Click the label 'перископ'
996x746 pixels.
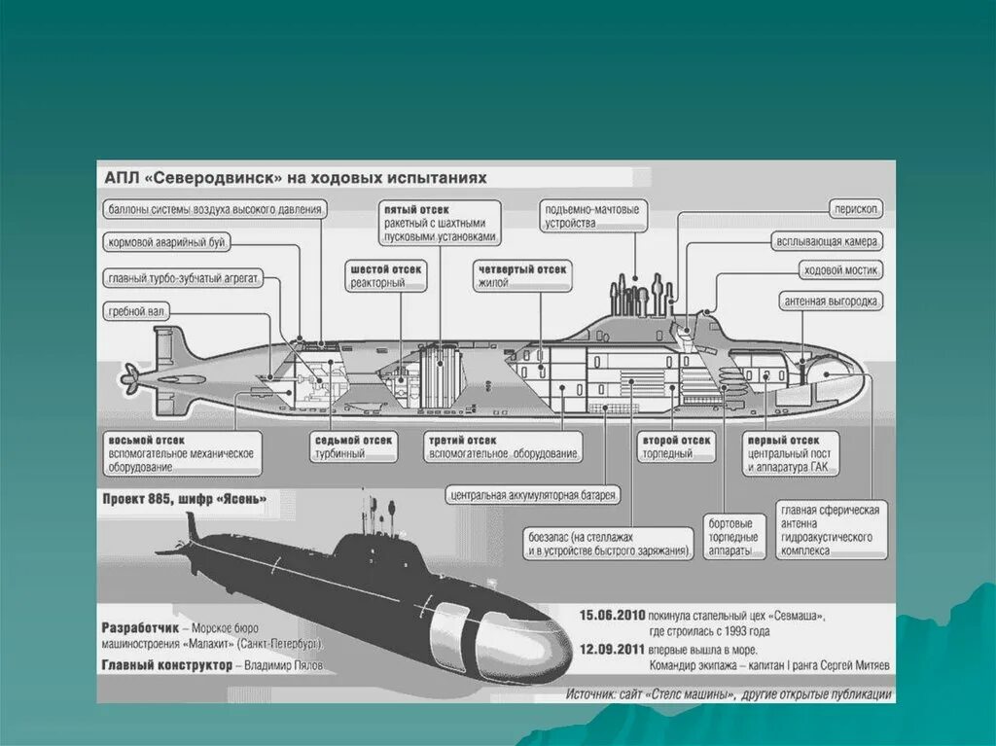pyautogui.click(x=856, y=209)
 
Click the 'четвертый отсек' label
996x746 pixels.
pyautogui.click(x=522, y=267)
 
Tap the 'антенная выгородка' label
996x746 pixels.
pyautogui.click(x=832, y=302)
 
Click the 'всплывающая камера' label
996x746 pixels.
pyautogui.click(x=828, y=239)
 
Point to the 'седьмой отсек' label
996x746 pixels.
pyautogui.click(x=353, y=440)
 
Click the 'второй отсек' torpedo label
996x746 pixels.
pyautogui.click(x=676, y=440)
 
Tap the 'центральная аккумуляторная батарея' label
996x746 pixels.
pyautogui.click(x=533, y=495)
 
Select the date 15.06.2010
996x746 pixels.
pyautogui.click(x=612, y=617)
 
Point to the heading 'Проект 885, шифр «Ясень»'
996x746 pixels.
pyautogui.click(x=185, y=499)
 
